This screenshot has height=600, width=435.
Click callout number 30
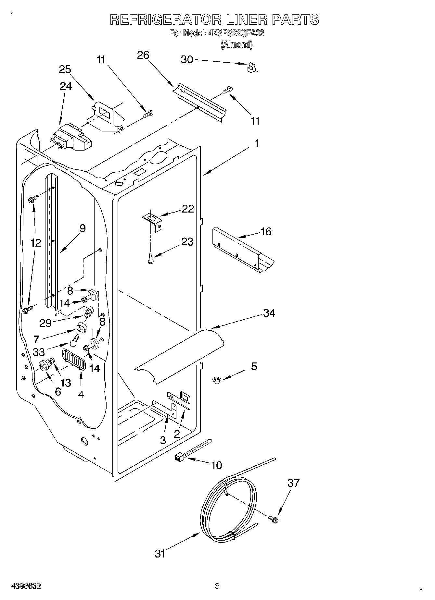[187, 60]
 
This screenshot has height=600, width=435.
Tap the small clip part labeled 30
[251, 67]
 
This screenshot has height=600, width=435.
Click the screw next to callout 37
[273, 519]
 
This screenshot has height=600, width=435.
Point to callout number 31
[160, 554]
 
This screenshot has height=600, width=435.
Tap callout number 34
[269, 313]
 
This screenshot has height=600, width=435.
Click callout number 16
[266, 231]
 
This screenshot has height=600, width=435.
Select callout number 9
[83, 228]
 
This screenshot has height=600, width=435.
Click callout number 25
[65, 69]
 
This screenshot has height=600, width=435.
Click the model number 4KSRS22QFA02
[235, 33]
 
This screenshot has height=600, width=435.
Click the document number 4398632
[26, 586]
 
